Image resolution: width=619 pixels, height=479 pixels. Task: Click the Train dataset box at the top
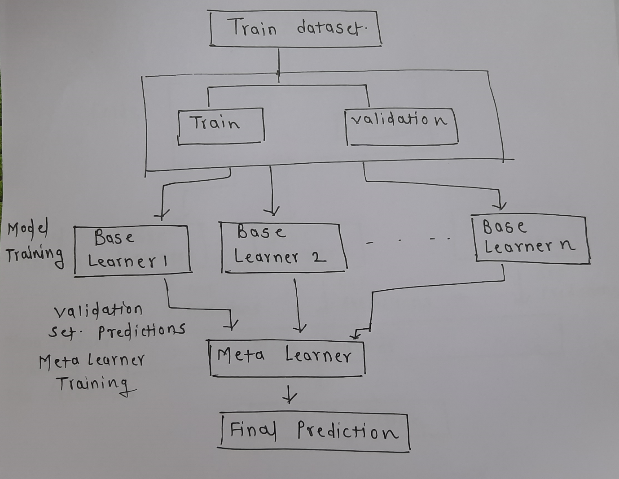[295, 29]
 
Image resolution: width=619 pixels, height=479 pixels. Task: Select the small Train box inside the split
[220, 126]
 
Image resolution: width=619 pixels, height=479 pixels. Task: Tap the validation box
[401, 126]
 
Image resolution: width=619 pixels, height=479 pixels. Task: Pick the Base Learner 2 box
[282, 247]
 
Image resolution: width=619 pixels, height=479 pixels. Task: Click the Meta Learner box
[286, 358]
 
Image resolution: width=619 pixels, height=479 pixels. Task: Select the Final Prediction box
[314, 432]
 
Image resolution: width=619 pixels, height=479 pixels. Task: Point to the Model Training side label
[34, 242]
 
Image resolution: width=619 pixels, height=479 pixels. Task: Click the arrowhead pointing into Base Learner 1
[162, 214]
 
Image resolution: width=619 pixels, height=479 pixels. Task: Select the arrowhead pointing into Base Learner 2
[272, 210]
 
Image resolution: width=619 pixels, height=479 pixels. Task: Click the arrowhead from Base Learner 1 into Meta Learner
[232, 324]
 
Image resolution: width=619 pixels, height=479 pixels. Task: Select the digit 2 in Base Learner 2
[319, 257]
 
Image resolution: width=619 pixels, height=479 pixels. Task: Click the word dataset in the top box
[331, 29]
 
